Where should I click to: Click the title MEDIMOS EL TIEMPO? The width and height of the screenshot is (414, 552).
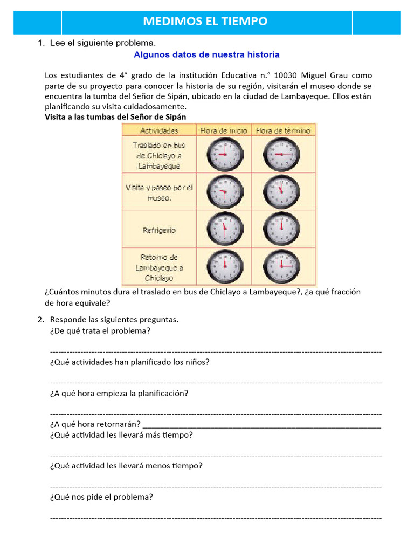205,22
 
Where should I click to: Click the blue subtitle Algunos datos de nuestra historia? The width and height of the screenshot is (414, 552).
206,54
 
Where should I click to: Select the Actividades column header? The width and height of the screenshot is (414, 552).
159,130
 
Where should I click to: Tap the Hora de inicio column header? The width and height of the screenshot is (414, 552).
224,130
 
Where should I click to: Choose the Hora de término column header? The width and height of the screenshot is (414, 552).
283,130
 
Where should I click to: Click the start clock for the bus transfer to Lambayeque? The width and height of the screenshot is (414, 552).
224,154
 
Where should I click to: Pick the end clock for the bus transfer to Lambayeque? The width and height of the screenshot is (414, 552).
281,154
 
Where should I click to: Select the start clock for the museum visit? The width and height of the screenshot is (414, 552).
224,192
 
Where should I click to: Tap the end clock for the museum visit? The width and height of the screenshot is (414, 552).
281,192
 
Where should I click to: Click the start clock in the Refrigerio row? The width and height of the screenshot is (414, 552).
224,229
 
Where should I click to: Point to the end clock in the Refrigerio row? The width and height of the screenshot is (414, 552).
281,229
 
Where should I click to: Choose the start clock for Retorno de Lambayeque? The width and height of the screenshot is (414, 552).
224,266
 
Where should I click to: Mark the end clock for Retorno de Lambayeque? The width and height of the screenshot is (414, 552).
281,266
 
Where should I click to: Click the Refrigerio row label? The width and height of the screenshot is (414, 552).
159,230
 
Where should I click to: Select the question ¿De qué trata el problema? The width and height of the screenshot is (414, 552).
100,330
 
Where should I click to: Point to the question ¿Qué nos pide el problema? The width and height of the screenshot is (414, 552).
101,496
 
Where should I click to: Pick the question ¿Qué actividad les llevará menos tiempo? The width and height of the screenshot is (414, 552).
126,465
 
